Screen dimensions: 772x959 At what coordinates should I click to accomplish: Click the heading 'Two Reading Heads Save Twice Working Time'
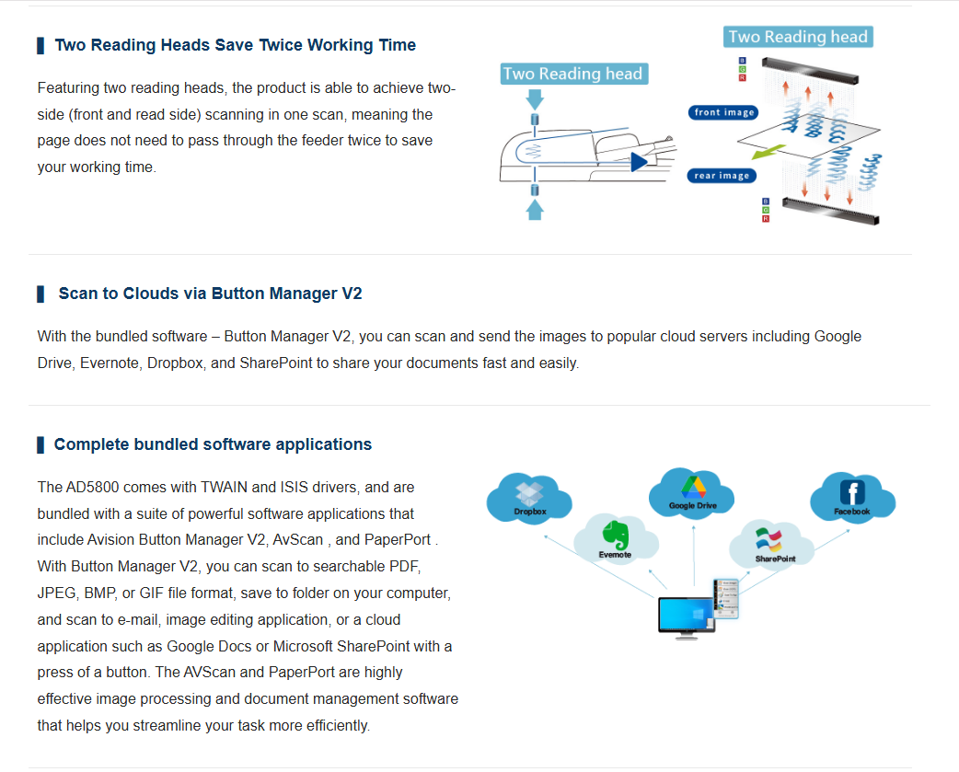(235, 45)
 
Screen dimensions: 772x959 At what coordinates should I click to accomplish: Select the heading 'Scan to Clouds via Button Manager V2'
(210, 294)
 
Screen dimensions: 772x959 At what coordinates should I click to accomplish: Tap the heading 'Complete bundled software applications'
(213, 444)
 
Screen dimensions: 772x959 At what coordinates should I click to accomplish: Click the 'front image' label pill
(723, 112)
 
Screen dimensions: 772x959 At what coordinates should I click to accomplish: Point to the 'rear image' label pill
(721, 176)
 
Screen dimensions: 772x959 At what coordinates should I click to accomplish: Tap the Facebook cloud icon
(851, 498)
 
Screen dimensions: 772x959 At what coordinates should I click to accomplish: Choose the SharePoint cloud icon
(774, 544)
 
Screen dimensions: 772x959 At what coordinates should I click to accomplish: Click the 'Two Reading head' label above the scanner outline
(572, 74)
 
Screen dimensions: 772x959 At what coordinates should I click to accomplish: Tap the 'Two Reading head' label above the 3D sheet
(797, 37)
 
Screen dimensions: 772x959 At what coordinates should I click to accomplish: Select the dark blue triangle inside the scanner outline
(638, 162)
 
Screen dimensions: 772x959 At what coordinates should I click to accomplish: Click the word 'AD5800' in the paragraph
(94, 487)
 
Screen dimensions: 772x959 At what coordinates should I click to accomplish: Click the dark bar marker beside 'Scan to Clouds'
(40, 294)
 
